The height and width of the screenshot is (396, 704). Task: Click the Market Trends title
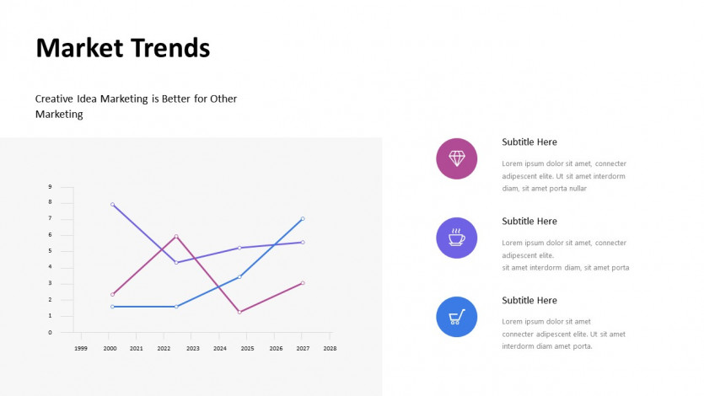[122, 48]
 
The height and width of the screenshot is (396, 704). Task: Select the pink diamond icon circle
[457, 158]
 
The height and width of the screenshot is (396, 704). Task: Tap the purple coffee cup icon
[457, 238]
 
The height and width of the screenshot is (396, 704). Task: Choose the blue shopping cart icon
[457, 317]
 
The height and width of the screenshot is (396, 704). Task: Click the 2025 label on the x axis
[247, 349]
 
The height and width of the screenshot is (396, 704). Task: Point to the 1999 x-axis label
[81, 349]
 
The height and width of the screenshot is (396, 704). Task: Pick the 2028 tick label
[330, 349]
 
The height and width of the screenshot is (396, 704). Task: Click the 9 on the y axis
[50, 186]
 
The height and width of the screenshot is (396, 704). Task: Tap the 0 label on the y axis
[50, 332]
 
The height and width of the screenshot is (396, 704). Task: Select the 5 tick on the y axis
[50, 251]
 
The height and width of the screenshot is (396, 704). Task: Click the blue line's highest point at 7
[303, 219]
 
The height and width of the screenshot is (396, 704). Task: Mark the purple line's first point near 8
[112, 205]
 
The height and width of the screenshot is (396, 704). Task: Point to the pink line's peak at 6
[176, 237]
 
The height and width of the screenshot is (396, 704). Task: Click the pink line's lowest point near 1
[239, 312]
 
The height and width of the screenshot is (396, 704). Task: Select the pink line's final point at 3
[303, 283]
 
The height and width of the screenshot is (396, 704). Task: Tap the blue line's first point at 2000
[112, 307]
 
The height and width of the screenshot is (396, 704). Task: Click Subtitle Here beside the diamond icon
[529, 142]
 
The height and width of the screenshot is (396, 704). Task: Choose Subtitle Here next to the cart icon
[529, 301]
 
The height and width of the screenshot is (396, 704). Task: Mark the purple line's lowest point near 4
[176, 263]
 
